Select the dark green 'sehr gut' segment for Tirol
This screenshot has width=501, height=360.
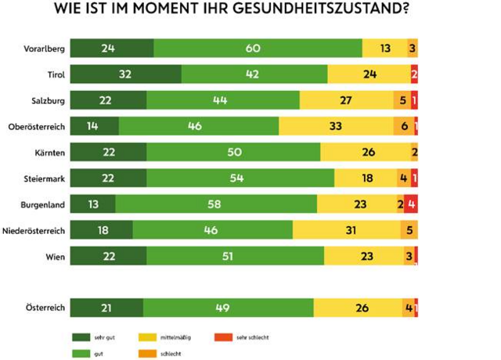(126, 74)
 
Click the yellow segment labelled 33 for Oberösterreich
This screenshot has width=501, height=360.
(336, 126)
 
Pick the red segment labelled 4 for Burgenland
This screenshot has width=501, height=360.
(411, 204)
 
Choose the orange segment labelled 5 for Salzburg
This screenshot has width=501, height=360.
(402, 100)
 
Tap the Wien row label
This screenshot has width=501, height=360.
(56, 256)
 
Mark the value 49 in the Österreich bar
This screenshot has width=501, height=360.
(228, 308)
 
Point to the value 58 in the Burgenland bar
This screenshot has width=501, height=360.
(216, 204)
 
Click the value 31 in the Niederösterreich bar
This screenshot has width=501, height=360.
(346, 230)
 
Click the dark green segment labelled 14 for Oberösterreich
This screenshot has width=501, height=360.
(95, 126)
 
